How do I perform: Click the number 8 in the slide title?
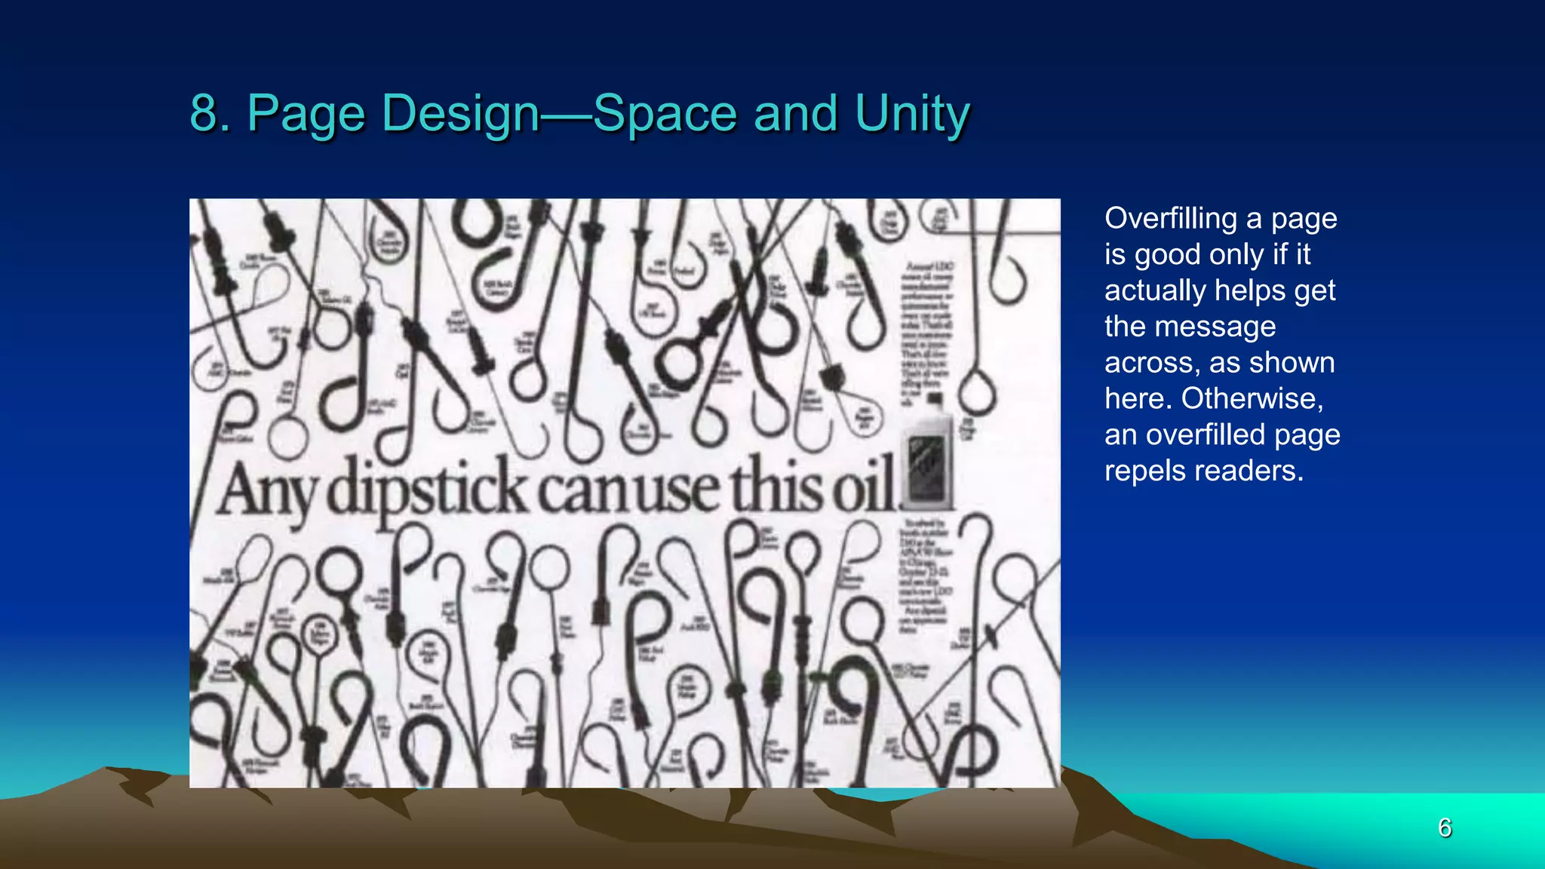point(204,114)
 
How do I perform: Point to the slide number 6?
point(1445,828)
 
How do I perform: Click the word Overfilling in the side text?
point(1171,219)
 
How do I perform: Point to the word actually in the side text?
point(1155,291)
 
